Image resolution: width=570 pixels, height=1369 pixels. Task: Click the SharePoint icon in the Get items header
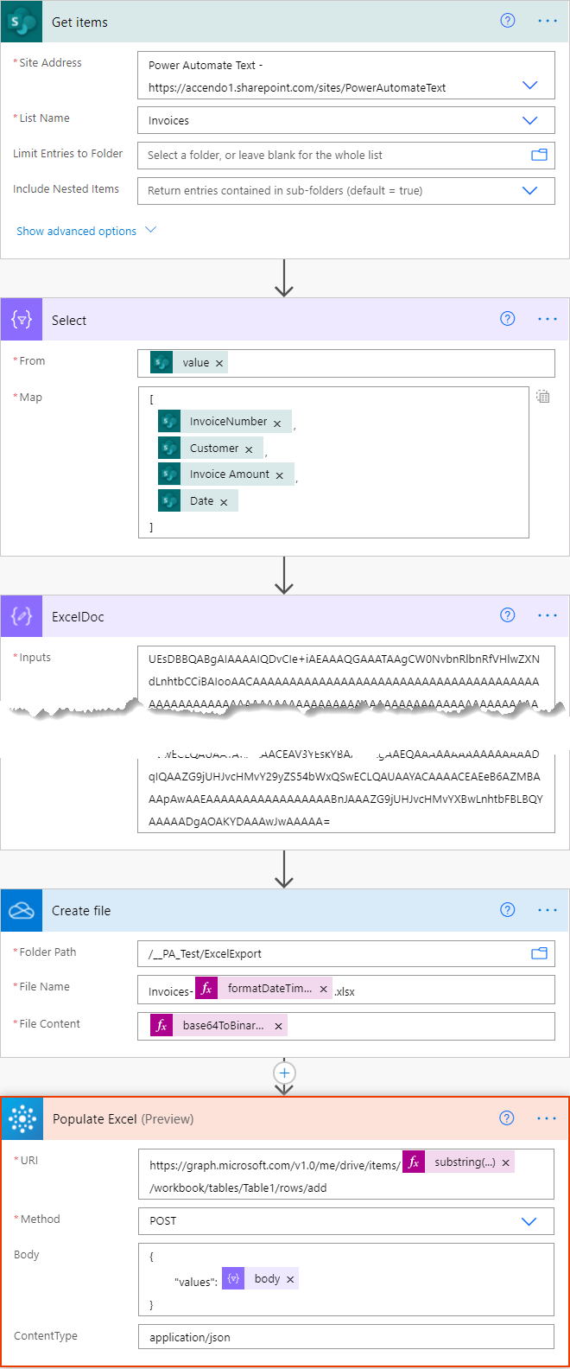click(x=22, y=22)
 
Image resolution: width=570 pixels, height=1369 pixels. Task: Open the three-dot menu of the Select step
click(x=548, y=319)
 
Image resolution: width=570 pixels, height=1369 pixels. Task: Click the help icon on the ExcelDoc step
click(x=508, y=615)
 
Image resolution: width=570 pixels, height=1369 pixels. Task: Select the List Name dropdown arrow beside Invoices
click(x=530, y=121)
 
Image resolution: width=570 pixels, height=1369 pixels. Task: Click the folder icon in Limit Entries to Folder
click(x=539, y=156)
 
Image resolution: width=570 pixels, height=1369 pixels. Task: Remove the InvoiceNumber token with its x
click(x=277, y=423)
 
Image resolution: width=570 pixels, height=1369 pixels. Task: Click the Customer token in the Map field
click(x=213, y=449)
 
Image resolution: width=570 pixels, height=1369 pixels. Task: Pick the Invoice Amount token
click(x=229, y=474)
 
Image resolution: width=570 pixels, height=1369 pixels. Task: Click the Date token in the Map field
click(x=201, y=501)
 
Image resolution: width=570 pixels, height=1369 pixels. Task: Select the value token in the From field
click(x=195, y=363)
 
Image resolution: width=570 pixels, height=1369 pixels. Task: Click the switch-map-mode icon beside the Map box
click(x=542, y=398)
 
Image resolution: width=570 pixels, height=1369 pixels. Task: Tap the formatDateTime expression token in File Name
click(x=269, y=989)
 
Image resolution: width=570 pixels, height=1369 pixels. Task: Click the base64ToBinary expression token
click(x=223, y=1026)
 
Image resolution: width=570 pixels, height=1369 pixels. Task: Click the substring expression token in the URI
click(x=464, y=1162)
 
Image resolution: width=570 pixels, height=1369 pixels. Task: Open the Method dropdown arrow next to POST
click(x=530, y=1221)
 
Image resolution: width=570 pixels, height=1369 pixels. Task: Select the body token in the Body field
click(x=266, y=1279)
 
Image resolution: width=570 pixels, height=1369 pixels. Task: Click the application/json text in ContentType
click(x=190, y=1337)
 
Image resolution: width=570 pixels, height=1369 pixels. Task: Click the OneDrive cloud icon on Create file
click(x=22, y=911)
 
